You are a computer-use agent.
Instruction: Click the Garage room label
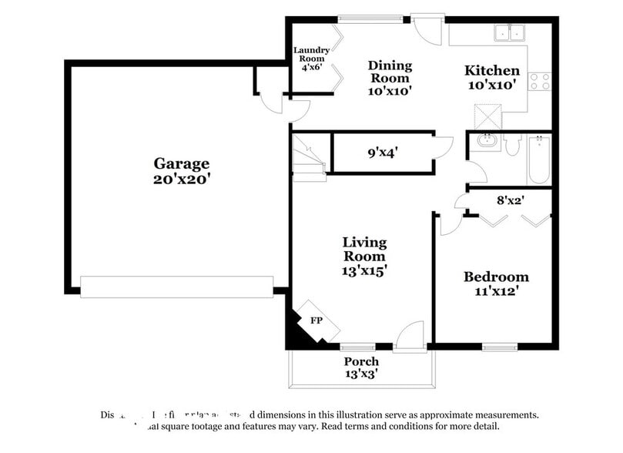[x=181, y=163]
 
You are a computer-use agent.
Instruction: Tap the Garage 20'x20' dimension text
[x=182, y=179]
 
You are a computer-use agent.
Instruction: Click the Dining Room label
[x=390, y=72]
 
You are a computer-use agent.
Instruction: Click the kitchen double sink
[x=508, y=33]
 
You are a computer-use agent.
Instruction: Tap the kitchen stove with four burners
[x=540, y=81]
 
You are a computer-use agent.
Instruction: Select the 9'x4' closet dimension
[x=383, y=153]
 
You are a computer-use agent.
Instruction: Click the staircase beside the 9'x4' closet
[x=308, y=157]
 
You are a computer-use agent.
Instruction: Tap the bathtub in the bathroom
[x=539, y=159]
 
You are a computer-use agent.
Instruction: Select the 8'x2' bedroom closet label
[x=511, y=200]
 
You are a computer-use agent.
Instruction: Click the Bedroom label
[x=496, y=277]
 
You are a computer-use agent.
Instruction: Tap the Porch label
[x=360, y=361]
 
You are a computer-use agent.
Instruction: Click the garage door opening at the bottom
[x=176, y=287]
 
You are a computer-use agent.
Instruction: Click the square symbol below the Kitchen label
[x=487, y=116]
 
